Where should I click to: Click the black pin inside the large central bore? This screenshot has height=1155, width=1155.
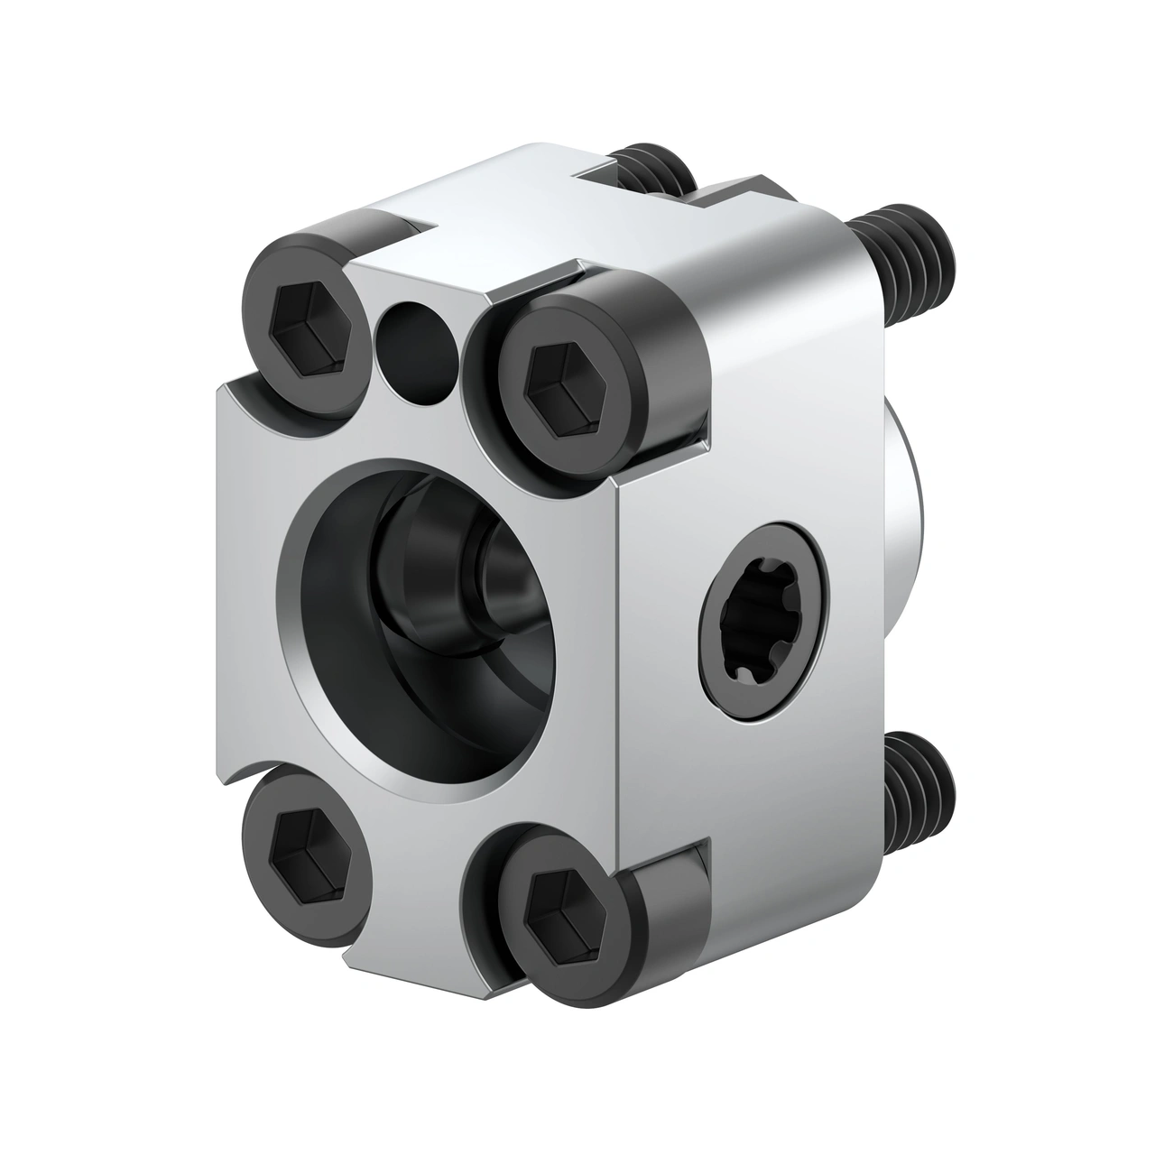(x=492, y=577)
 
